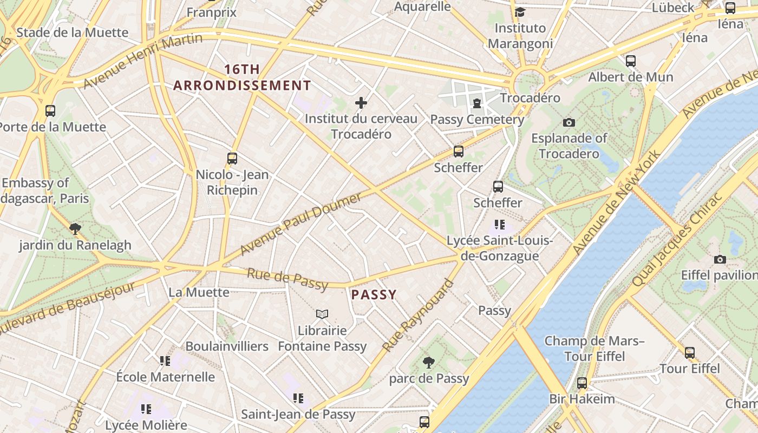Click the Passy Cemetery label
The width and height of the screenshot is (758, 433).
tap(477, 120)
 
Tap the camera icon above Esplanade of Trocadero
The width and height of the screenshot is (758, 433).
tap(568, 123)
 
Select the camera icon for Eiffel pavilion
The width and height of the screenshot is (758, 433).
tap(720, 260)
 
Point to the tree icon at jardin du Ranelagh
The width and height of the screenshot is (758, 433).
tap(75, 229)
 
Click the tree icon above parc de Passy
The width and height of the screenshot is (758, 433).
tap(428, 362)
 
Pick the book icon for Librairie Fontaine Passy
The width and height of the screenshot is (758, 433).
tap(322, 314)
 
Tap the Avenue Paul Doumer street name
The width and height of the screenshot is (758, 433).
tap(300, 224)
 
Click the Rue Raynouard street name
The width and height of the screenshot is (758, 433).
tap(417, 316)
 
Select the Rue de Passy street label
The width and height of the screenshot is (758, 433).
tap(287, 278)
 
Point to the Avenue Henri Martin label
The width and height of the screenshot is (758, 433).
tap(143, 60)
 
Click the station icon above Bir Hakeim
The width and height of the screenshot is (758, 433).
tap(582, 383)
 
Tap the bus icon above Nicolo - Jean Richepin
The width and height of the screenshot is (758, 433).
tap(232, 159)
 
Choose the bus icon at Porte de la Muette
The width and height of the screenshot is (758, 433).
tap(50, 111)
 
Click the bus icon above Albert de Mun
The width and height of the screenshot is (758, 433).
tap(631, 61)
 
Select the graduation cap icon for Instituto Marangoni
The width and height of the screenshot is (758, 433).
tap(520, 12)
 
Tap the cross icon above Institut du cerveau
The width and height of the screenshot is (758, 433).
tap(361, 103)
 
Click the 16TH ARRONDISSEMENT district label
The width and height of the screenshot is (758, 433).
tap(242, 77)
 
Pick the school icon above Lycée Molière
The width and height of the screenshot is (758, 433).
tap(146, 409)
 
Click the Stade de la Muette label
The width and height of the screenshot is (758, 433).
tap(73, 32)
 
